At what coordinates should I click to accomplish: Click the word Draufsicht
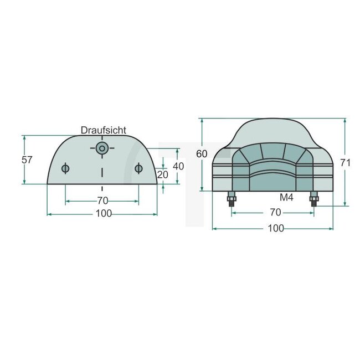pyautogui.click(x=103, y=130)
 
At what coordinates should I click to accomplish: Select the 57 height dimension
pyautogui.click(x=27, y=160)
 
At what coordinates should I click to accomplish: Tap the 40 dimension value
pyautogui.click(x=178, y=166)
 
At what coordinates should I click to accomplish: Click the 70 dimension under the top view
pyautogui.click(x=102, y=200)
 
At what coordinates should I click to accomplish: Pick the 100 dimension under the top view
pyautogui.click(x=102, y=213)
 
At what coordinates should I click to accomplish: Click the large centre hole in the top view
pyautogui.click(x=101, y=148)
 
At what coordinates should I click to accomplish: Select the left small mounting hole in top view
pyautogui.click(x=65, y=168)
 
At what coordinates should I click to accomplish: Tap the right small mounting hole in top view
pyautogui.click(x=138, y=168)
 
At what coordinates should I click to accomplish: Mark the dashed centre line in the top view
pyautogui.click(x=101, y=169)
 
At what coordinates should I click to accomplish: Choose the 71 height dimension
pyautogui.click(x=346, y=162)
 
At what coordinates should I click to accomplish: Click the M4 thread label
pyautogui.click(x=286, y=197)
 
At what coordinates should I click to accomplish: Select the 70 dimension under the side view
pyautogui.click(x=275, y=212)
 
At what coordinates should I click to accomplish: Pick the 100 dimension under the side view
pyautogui.click(x=275, y=228)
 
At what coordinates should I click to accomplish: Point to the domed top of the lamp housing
pyautogui.click(x=273, y=130)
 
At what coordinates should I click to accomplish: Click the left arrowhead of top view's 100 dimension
pyautogui.click(x=49, y=213)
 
